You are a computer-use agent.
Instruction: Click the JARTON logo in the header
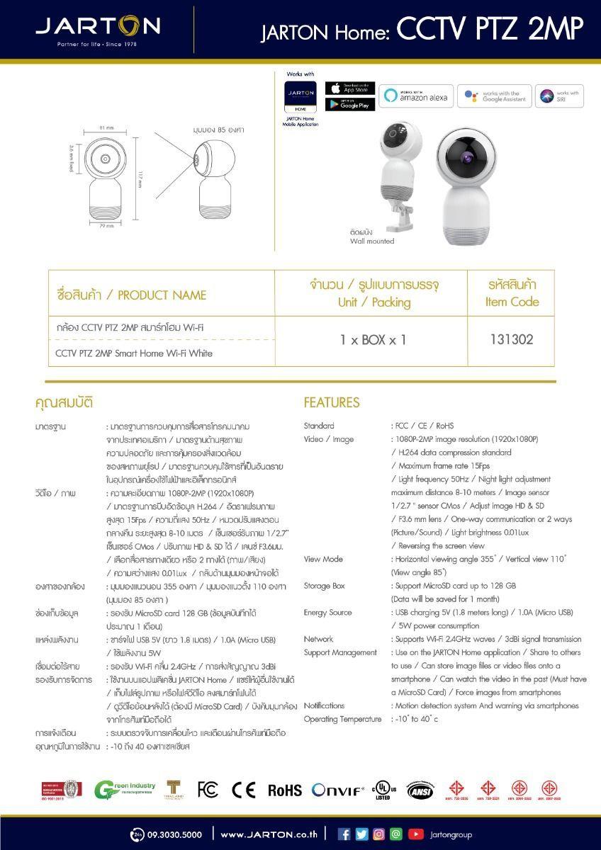[x=98, y=28]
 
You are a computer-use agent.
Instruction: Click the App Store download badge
[x=350, y=88]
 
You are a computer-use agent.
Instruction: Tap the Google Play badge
[x=350, y=104]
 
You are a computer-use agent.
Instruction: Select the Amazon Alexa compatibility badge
[x=416, y=97]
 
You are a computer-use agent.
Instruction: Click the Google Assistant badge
[x=493, y=97]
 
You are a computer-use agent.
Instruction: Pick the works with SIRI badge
[x=559, y=96]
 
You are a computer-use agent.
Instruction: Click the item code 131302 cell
[x=511, y=339]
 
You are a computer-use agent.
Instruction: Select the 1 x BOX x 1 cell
[x=373, y=339]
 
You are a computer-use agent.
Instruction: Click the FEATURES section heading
[x=332, y=402]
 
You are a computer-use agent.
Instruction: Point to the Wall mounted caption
[x=372, y=241]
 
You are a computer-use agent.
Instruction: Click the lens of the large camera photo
[x=468, y=155]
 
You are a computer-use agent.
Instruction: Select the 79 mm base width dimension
[x=106, y=226]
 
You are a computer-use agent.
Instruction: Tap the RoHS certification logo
[x=284, y=790]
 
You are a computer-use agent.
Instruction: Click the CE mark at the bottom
[x=243, y=790]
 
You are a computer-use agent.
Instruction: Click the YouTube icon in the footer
[x=415, y=834]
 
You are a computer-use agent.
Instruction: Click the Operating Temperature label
[x=342, y=719]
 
